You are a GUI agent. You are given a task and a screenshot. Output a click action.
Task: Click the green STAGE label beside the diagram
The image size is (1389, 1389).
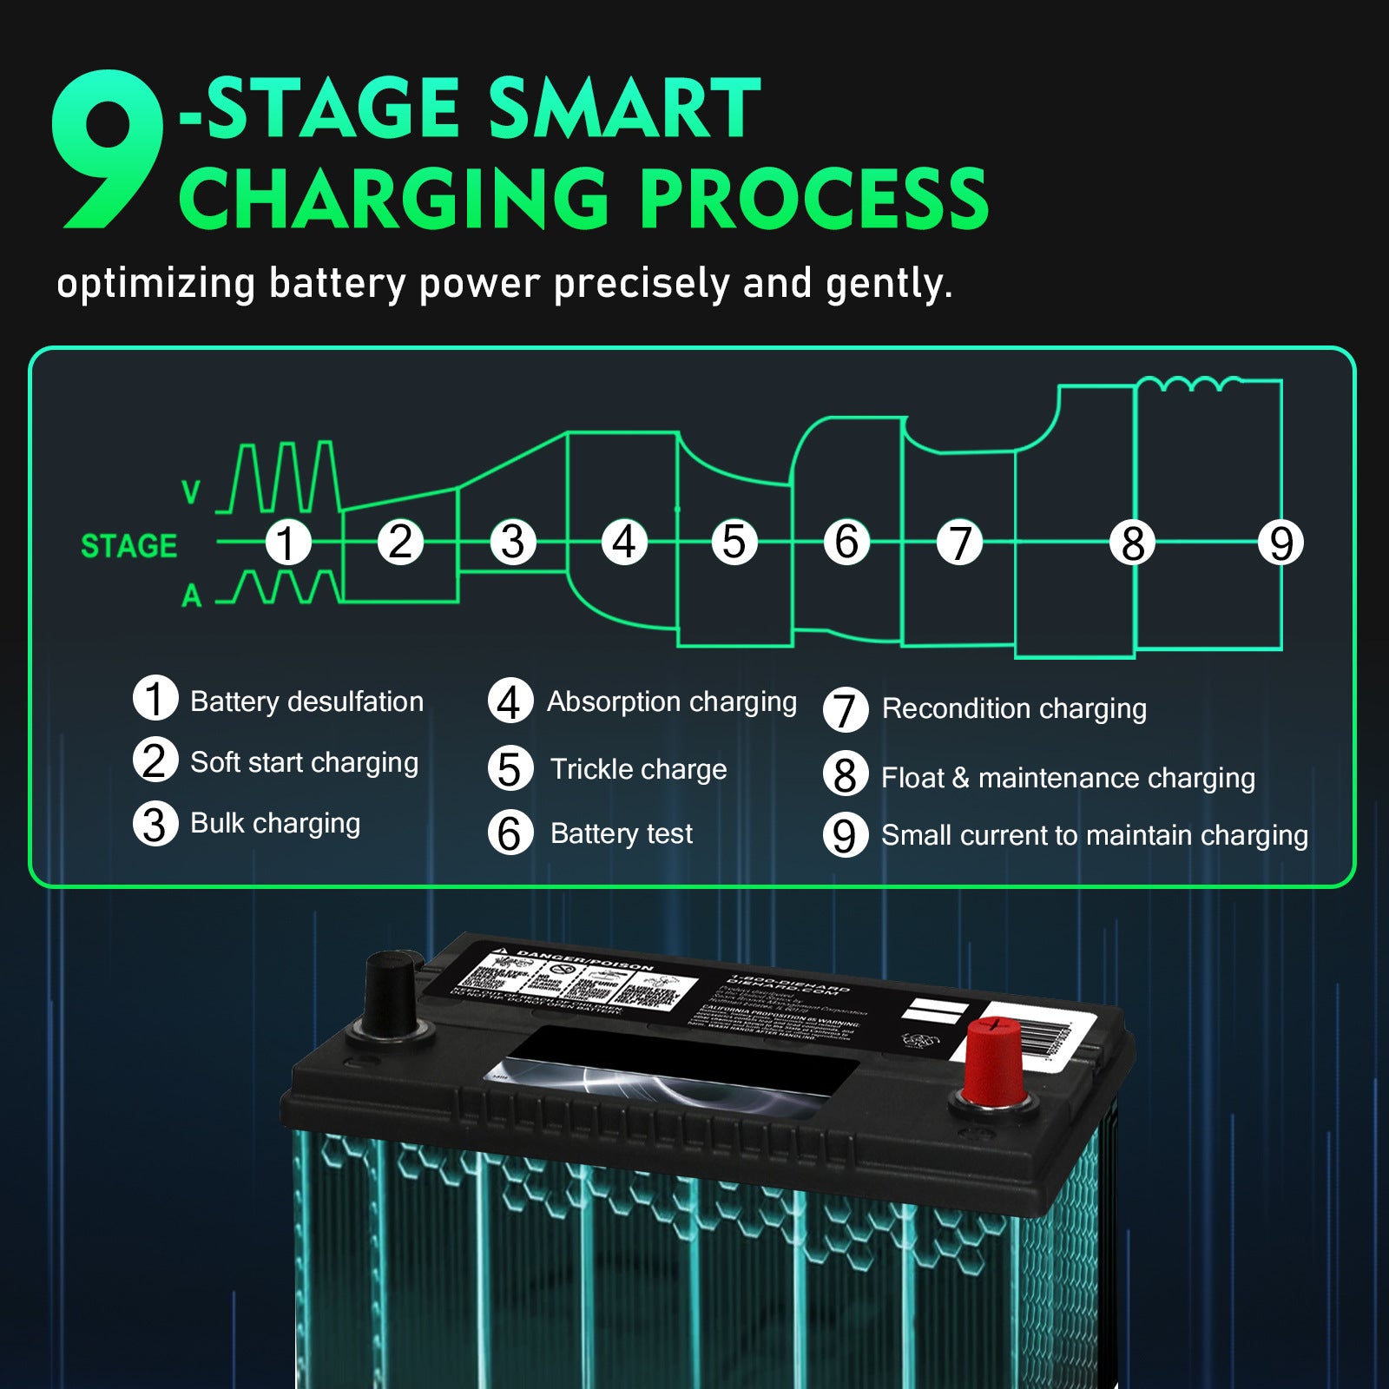click(128, 546)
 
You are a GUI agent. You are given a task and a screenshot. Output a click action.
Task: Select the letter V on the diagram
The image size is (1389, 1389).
click(191, 493)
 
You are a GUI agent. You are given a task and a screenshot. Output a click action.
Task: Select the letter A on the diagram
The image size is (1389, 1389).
click(192, 596)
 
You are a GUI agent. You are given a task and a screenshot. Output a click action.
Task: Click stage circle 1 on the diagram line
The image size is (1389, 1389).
click(287, 543)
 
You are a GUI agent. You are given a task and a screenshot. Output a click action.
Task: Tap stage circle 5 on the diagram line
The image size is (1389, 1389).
click(734, 543)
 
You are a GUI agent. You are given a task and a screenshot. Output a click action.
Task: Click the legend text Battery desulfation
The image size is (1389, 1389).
click(306, 701)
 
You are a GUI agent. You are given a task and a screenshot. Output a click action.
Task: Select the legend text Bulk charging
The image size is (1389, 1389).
click(275, 823)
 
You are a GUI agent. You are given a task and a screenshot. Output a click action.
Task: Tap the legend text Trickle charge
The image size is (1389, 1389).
click(638, 769)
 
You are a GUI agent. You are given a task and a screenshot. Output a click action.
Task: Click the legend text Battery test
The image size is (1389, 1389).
click(622, 833)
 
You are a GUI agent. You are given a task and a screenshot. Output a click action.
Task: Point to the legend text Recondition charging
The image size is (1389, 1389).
click(1014, 708)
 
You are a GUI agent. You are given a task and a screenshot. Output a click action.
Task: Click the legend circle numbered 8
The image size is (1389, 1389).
click(845, 775)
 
